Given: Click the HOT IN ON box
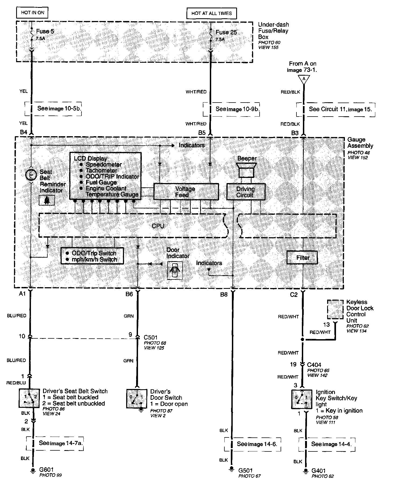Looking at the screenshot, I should [33, 13].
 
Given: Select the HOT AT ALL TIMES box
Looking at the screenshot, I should [211, 13].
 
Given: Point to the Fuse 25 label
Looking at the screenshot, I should [226, 32].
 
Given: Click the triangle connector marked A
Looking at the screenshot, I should [304, 79].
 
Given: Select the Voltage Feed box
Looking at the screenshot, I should [186, 192].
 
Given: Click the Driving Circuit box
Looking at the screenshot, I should [246, 192].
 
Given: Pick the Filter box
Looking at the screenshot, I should [302, 258].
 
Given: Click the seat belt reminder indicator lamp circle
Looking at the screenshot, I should [31, 175].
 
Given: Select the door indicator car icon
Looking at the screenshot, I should [175, 271].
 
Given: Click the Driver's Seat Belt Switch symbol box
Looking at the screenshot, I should [29, 398].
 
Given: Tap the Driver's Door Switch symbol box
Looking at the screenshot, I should [137, 398].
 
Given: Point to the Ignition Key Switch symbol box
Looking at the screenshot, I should [302, 399].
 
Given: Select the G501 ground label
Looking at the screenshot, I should [245, 471].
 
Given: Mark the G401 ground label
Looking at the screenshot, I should [319, 471].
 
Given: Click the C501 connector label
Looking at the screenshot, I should [150, 337].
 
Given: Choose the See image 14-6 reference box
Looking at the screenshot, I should [252, 444].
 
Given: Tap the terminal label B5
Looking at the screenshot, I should [202, 133].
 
